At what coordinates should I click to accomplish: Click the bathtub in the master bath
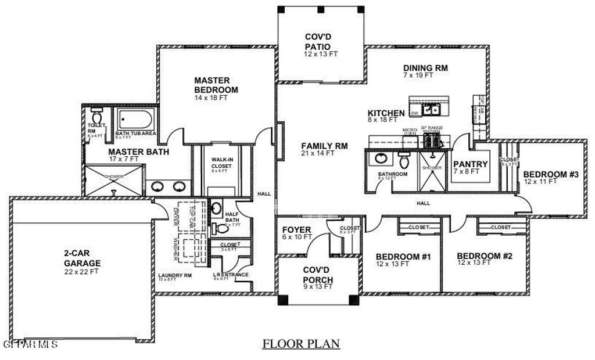pos(135,120)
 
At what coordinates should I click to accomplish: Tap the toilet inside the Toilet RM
pos(96,112)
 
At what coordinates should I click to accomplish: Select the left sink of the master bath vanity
pos(157,187)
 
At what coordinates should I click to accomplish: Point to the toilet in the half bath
pos(220,228)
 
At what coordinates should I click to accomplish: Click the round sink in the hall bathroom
pos(381,159)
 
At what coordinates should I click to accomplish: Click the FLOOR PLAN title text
pos(300,344)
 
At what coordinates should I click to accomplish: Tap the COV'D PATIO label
pos(318,41)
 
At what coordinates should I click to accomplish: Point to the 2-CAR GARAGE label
pos(82,258)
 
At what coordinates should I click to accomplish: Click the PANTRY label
pos(470,164)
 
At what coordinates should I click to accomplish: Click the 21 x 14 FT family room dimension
pos(318,153)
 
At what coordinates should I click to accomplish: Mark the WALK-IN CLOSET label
pos(221,162)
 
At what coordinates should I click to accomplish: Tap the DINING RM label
pos(425,67)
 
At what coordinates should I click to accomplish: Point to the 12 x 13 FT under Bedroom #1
pos(393,264)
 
